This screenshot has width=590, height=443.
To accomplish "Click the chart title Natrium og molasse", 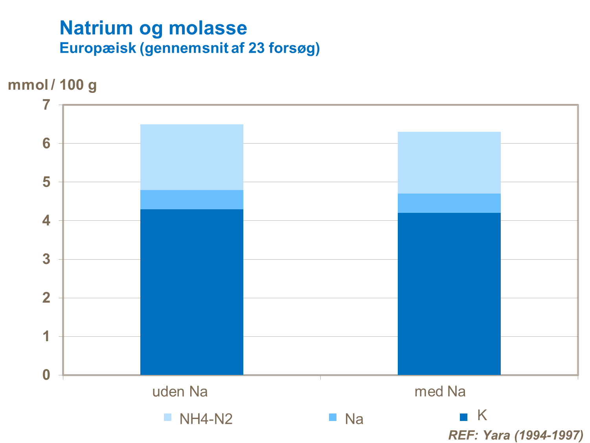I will (x=153, y=28).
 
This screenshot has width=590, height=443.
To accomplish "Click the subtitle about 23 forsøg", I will (x=189, y=48).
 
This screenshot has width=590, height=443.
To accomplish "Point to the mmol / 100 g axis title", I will (x=52, y=85).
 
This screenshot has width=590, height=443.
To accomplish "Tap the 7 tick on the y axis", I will (x=47, y=105).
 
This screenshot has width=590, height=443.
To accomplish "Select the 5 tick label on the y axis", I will (x=47, y=182).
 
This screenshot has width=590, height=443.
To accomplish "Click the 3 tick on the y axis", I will (x=47, y=259).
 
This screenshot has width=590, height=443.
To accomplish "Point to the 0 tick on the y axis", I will (x=47, y=375).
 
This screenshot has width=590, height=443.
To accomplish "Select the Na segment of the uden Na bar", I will (x=192, y=199).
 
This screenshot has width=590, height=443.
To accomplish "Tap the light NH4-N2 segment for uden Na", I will (x=192, y=157).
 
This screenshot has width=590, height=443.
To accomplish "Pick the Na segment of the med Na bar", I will (x=449, y=203).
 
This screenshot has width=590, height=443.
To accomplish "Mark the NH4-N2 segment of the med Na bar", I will (x=449, y=162).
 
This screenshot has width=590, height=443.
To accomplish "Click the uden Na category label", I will (x=180, y=392).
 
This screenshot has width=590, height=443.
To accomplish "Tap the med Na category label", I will (x=440, y=392).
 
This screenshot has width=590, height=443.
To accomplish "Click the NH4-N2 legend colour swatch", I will (x=168, y=417).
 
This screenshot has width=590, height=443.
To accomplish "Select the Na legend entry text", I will (x=354, y=419).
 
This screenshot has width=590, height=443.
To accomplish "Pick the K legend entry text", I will (x=482, y=415).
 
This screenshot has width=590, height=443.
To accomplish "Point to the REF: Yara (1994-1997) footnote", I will (x=516, y=435).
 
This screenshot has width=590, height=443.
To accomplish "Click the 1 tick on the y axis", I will (x=47, y=336).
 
